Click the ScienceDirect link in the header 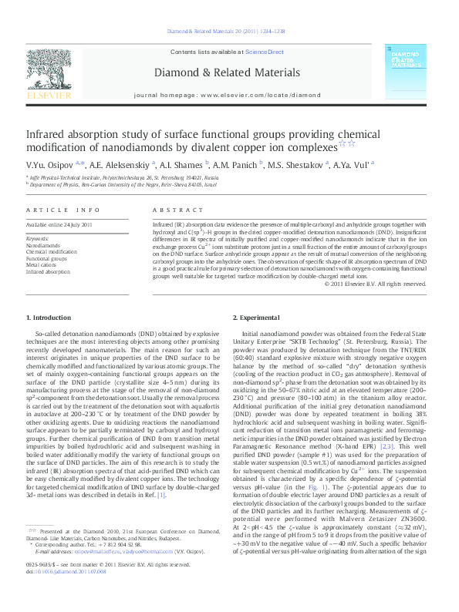tap(264, 52)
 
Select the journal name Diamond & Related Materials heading tap(227, 72)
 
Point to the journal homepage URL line tap(227, 95)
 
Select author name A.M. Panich tap(237, 163)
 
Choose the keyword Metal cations tap(42, 265)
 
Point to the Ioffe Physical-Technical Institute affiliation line tap(124, 178)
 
